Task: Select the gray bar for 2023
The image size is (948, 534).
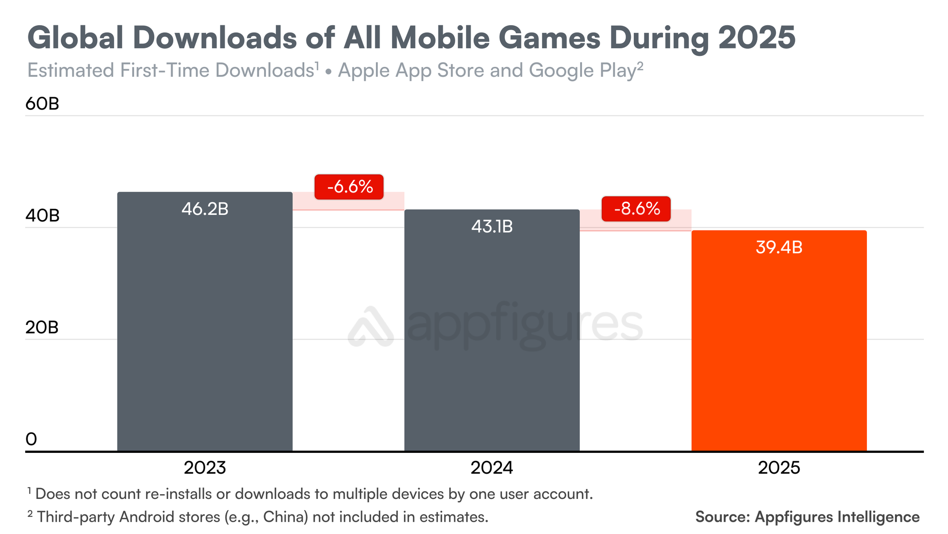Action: (x=205, y=332)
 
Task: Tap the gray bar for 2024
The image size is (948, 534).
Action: (x=492, y=341)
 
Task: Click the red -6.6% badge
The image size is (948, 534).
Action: (x=349, y=187)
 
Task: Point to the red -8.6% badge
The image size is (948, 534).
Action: (x=636, y=209)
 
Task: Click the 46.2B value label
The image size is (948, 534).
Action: (x=205, y=209)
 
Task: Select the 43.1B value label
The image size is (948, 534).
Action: (x=492, y=227)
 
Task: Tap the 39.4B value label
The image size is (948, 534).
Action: (x=779, y=248)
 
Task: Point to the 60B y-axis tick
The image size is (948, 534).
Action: (x=42, y=104)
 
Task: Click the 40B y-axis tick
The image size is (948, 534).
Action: (x=42, y=216)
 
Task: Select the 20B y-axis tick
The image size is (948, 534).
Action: (x=42, y=328)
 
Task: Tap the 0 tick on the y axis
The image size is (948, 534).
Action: (x=31, y=440)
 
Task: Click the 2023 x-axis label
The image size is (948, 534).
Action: (x=205, y=468)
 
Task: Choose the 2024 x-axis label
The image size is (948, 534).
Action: (x=492, y=468)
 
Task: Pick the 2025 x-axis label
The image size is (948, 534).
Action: (x=779, y=468)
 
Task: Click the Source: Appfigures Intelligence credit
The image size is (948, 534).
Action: (x=807, y=517)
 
